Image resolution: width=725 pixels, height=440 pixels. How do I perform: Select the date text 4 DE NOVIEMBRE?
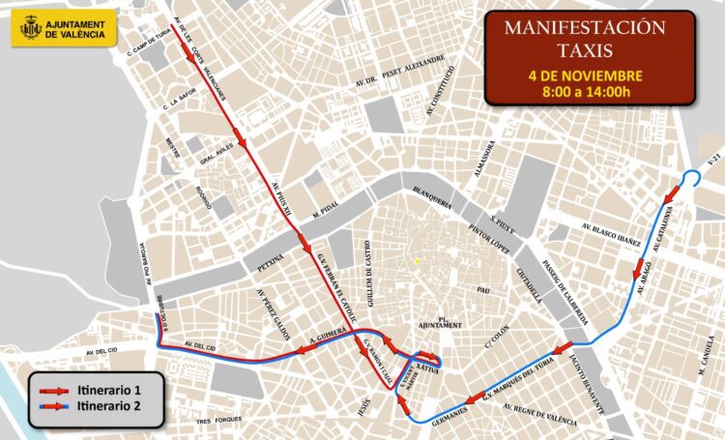(x=586, y=74)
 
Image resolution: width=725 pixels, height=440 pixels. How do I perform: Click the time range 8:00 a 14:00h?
(x=586, y=92)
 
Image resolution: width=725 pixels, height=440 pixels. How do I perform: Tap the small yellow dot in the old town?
(x=417, y=260)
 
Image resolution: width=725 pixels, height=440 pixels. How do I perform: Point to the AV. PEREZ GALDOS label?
(x=274, y=312)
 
